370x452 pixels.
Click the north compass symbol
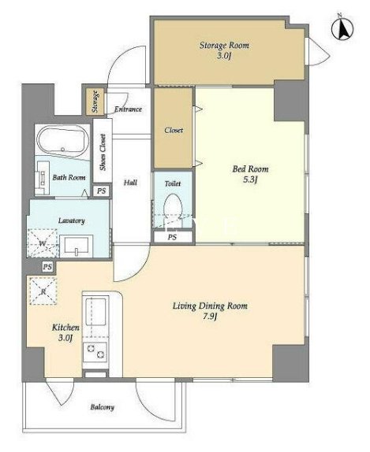(x=342, y=29)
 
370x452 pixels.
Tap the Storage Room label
(x=224, y=50)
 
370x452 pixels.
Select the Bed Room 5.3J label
(x=250, y=174)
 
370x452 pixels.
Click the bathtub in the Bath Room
(x=64, y=142)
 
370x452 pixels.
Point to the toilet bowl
(x=173, y=206)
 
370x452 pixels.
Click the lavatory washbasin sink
(x=77, y=246)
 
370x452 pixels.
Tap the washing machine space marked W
(x=42, y=243)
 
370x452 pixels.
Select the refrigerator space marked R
(x=43, y=291)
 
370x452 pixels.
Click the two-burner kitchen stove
(x=95, y=352)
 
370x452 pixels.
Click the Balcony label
(x=103, y=407)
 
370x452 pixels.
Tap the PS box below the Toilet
(x=173, y=237)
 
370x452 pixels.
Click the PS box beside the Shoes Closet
(x=102, y=191)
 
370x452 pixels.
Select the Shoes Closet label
(x=103, y=152)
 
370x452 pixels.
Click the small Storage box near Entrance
(x=95, y=102)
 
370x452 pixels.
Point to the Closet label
(x=174, y=130)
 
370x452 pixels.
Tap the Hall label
(x=130, y=183)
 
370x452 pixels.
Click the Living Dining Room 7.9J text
(x=210, y=311)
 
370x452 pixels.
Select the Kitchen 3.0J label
(x=65, y=332)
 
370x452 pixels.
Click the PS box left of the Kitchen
(x=47, y=267)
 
